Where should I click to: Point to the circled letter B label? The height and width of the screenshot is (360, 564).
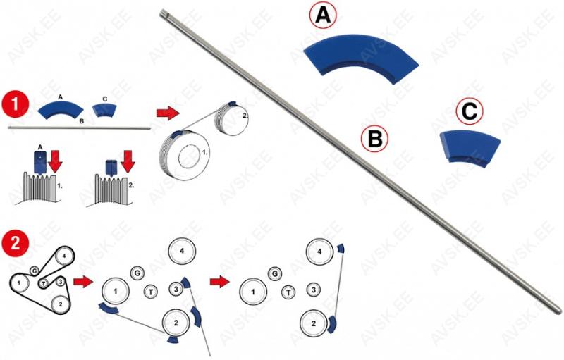[x=375, y=139]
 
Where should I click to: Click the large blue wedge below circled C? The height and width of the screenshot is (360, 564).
[x=469, y=147]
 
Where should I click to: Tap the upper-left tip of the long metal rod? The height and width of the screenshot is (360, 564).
[x=164, y=12]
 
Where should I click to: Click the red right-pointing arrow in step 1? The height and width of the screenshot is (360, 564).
[x=166, y=112]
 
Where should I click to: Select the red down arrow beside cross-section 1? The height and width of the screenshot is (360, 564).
[x=57, y=161]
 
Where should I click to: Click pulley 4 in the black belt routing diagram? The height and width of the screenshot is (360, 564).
[x=63, y=256]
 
